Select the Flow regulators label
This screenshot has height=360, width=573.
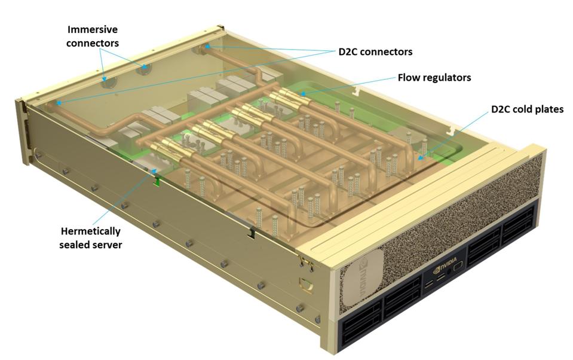coord(434,78)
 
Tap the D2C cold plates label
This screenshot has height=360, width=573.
coord(527,109)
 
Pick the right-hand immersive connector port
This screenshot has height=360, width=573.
coord(144,69)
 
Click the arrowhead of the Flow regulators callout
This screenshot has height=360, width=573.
coord(301,94)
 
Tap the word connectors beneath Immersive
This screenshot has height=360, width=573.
coord(93,42)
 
